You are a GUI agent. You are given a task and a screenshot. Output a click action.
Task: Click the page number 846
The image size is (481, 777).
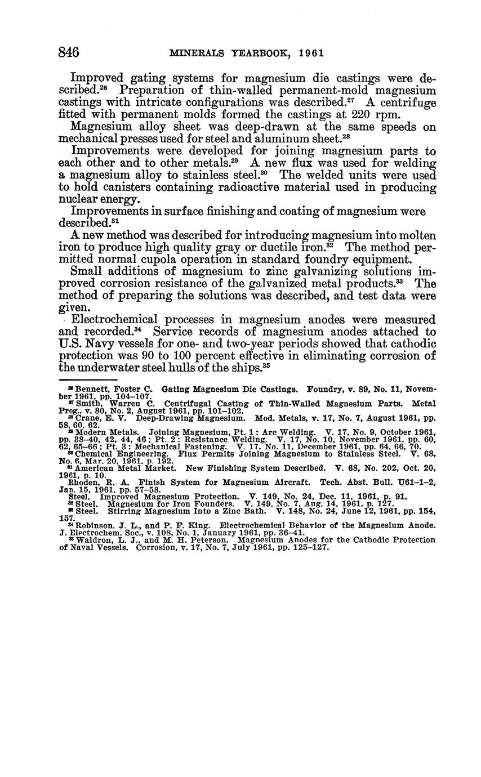68,52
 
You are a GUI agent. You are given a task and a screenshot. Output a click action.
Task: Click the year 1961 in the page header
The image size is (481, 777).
311,53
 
